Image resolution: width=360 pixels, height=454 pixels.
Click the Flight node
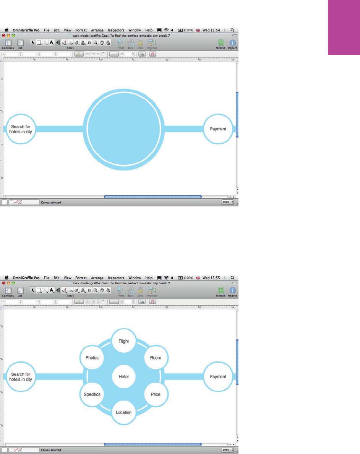124,341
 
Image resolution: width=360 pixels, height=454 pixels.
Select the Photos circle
92,358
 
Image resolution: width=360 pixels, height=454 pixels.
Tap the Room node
156,358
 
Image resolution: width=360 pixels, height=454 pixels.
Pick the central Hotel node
124,376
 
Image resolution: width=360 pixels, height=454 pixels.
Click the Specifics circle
92,394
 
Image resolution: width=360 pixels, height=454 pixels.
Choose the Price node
156,394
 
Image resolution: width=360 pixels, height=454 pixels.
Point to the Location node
124,412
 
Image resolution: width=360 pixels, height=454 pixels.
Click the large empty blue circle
124,129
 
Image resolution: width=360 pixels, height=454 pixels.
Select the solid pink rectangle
344,28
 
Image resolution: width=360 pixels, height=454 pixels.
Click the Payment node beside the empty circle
218,129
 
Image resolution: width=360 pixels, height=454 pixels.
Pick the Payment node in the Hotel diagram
218,376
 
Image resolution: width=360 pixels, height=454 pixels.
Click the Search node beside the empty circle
21,129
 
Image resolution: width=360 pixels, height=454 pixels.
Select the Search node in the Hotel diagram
21,376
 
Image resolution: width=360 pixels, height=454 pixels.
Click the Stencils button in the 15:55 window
221,292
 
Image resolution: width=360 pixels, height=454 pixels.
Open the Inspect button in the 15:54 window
232,44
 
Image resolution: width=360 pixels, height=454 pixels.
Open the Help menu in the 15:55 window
149,278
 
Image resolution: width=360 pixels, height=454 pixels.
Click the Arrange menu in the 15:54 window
97,30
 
